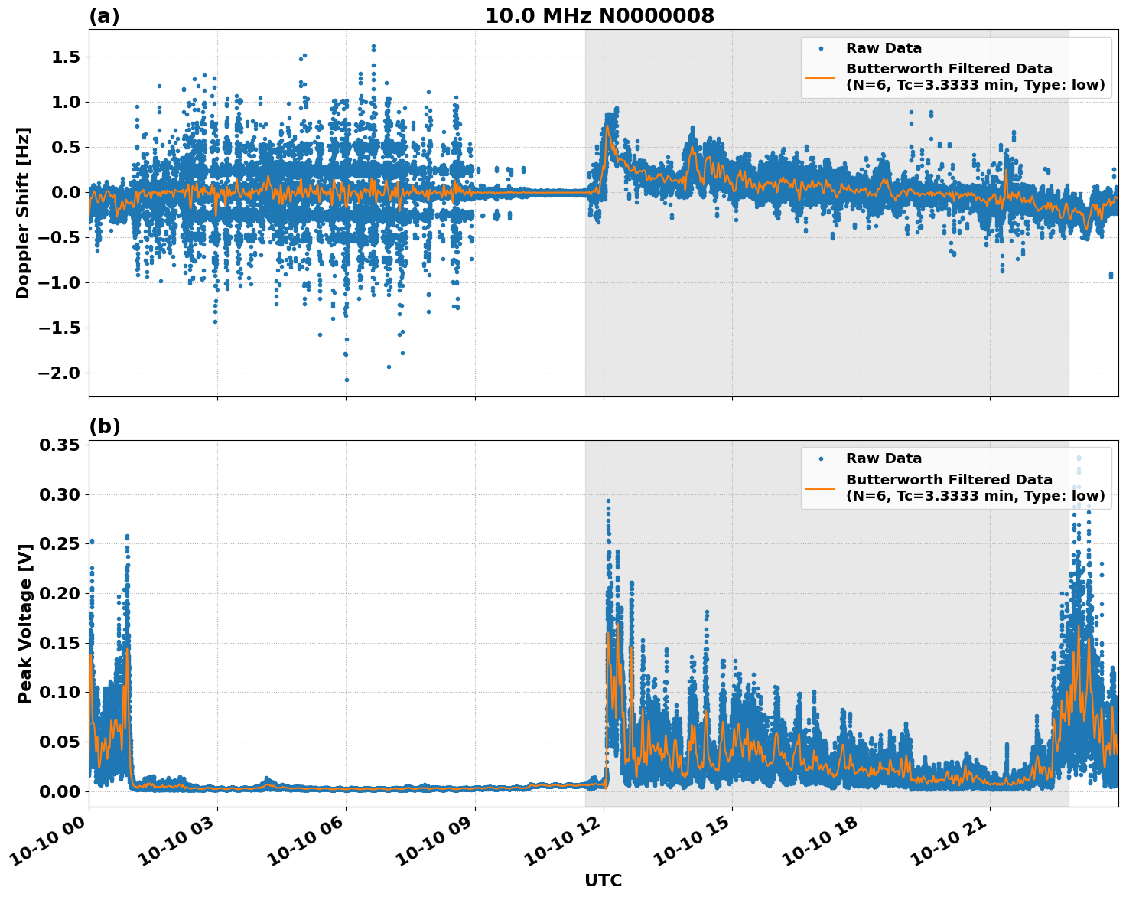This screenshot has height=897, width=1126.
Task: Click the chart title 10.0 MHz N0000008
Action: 599,16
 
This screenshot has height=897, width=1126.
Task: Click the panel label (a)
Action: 104,16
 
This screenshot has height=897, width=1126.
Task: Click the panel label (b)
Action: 104,426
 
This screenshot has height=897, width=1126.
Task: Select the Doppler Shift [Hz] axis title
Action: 23,213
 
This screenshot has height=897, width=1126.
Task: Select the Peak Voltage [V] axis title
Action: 25,640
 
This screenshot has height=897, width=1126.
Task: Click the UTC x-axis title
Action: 603,880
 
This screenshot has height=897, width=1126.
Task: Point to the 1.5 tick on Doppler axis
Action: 64,57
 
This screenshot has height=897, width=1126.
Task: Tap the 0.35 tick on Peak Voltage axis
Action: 60,445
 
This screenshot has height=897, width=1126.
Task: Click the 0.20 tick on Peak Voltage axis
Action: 60,593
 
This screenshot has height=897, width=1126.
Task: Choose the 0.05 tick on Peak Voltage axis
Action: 60,742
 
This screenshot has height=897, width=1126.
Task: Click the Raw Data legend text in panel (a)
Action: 884,48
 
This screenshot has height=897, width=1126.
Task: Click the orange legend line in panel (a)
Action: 820,77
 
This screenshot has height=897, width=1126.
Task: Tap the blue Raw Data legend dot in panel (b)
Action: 820,458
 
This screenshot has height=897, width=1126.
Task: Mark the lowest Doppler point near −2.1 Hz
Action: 347,380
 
